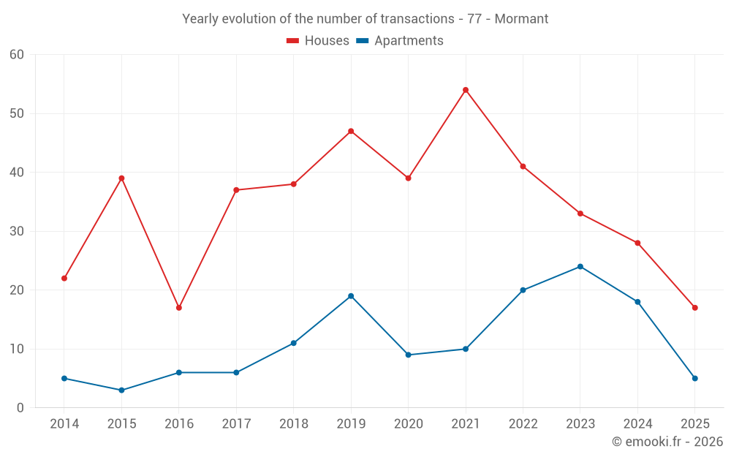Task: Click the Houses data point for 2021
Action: [466, 90]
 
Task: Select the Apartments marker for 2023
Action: [580, 267]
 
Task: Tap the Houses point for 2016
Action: [179, 308]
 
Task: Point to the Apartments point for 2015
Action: [121, 390]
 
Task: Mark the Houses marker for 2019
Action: [351, 132]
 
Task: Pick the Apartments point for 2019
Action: [351, 296]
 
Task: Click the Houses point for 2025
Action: [695, 308]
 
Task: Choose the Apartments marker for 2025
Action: [695, 379]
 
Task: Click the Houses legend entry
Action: [318, 41]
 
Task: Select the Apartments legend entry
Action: [400, 41]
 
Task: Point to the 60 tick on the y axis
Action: [17, 55]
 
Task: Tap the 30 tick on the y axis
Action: [17, 232]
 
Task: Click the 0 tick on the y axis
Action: [20, 408]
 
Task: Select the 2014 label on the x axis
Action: [64, 424]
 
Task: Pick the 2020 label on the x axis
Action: [408, 424]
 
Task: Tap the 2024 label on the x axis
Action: [637, 424]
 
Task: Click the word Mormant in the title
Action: [521, 19]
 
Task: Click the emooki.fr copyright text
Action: [667, 442]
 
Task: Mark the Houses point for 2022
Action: [523, 167]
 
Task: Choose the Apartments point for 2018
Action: [294, 343]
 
